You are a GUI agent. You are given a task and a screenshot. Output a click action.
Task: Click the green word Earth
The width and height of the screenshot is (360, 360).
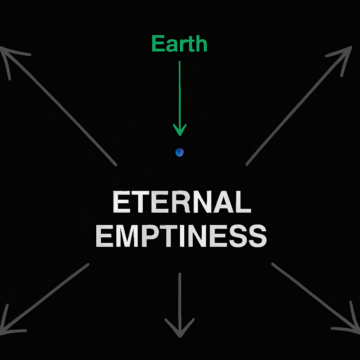[179, 44]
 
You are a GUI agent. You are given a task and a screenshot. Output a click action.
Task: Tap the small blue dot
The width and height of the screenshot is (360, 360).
[179, 152]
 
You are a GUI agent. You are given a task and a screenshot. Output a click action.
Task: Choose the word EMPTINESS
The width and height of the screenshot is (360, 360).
[181, 236]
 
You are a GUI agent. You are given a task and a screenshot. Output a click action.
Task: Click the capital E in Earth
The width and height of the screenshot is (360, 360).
[157, 44]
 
